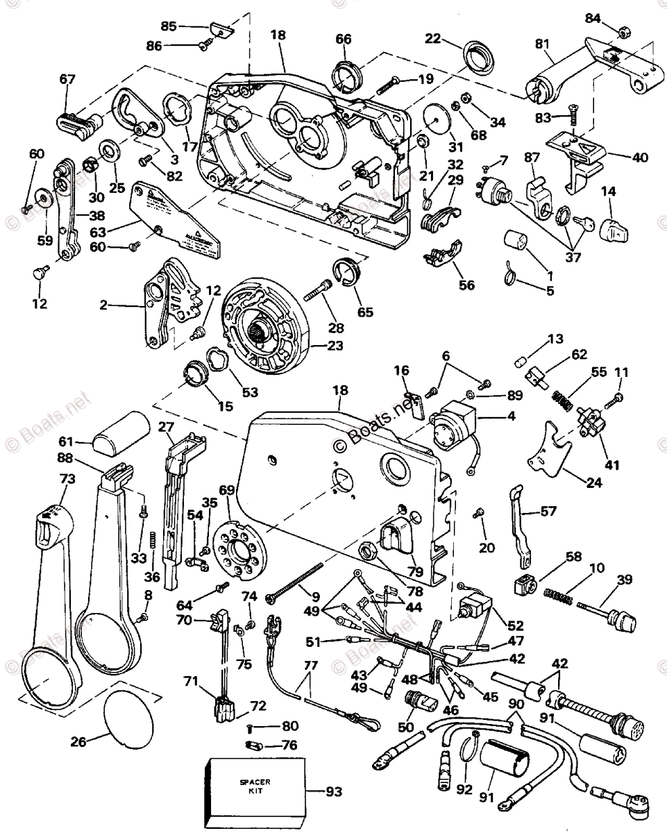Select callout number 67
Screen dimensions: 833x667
[x=67, y=79]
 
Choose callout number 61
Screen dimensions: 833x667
[x=65, y=441]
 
